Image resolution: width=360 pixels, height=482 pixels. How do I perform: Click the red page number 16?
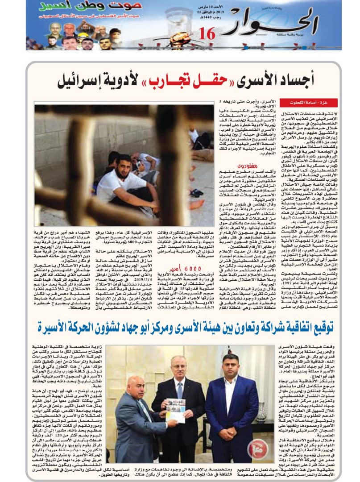pyautogui.click(x=207, y=34)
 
